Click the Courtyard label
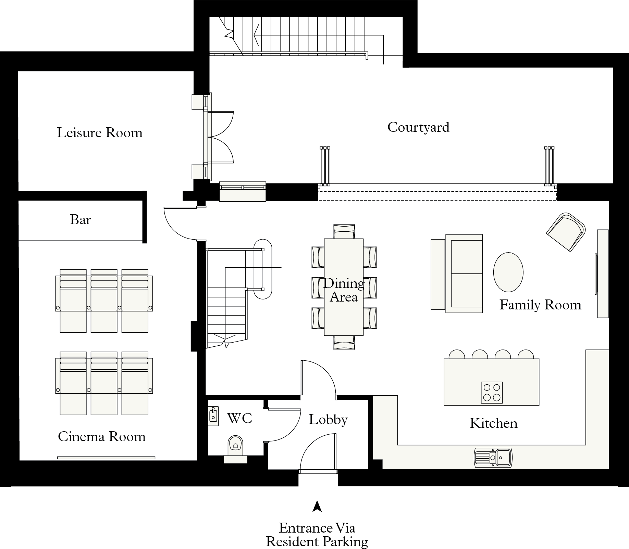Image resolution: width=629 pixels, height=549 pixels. pyautogui.click(x=418, y=127)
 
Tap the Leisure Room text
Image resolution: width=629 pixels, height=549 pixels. pyautogui.click(x=99, y=133)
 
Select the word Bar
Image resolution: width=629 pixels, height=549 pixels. pyautogui.click(x=81, y=220)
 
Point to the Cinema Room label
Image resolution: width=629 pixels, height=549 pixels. pyautogui.click(x=102, y=437)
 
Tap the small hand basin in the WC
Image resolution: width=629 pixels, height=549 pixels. pyautogui.click(x=213, y=416)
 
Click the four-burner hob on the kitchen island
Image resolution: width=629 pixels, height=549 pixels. pyautogui.click(x=492, y=392)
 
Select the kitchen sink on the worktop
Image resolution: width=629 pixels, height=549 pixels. pyautogui.click(x=493, y=457)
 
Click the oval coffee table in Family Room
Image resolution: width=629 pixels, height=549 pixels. pyautogui.click(x=508, y=272)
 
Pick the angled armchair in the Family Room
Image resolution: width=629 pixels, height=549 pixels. pyautogui.click(x=566, y=232)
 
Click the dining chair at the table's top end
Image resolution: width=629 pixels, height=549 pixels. pyautogui.click(x=344, y=231)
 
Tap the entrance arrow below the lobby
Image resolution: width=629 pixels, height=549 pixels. pyautogui.click(x=317, y=506)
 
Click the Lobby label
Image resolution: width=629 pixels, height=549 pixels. pyautogui.click(x=328, y=420)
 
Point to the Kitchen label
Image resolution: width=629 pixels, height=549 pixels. pyautogui.click(x=493, y=423)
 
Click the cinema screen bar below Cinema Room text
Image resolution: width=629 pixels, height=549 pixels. pyautogui.click(x=106, y=458)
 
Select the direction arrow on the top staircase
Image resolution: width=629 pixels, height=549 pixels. pyautogui.click(x=257, y=34)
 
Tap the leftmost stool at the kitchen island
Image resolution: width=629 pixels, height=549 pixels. pyautogui.click(x=457, y=354)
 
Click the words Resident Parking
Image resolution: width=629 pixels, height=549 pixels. pyautogui.click(x=317, y=542)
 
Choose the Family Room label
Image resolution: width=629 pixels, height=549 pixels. pyautogui.click(x=540, y=305)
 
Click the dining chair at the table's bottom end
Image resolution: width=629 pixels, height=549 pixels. pyautogui.click(x=344, y=342)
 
